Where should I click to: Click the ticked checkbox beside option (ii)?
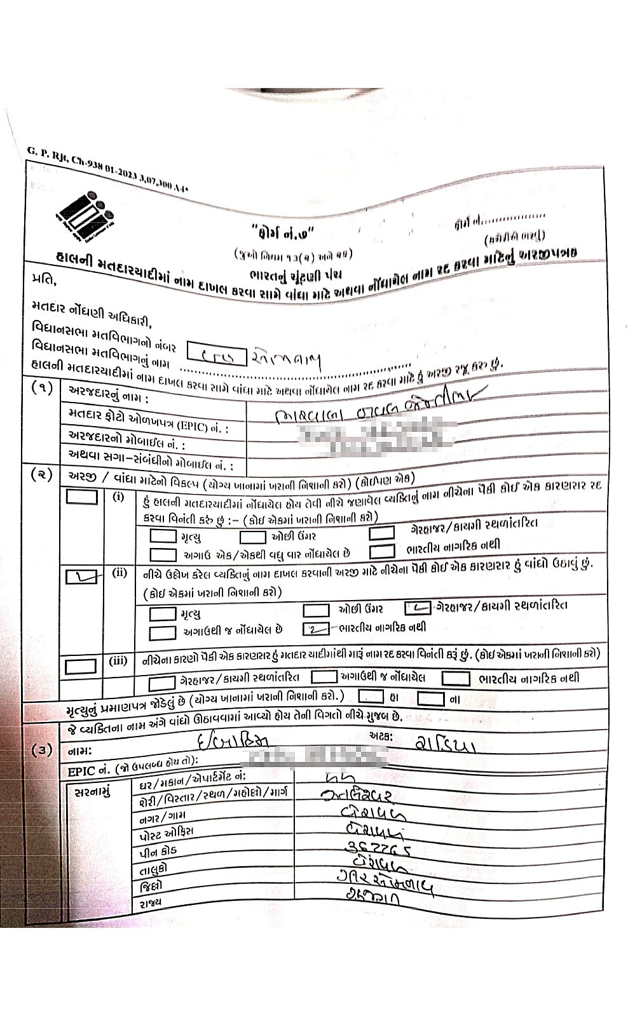pyautogui.click(x=82, y=577)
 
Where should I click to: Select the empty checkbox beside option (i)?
pyautogui.click(x=82, y=497)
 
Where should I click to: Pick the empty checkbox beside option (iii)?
pyautogui.click(x=81, y=665)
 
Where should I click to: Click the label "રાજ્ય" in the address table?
pyautogui.click(x=147, y=902)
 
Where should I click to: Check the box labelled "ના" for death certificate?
pyautogui.click(x=431, y=698)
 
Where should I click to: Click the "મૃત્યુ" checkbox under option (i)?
pyautogui.click(x=163, y=536)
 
